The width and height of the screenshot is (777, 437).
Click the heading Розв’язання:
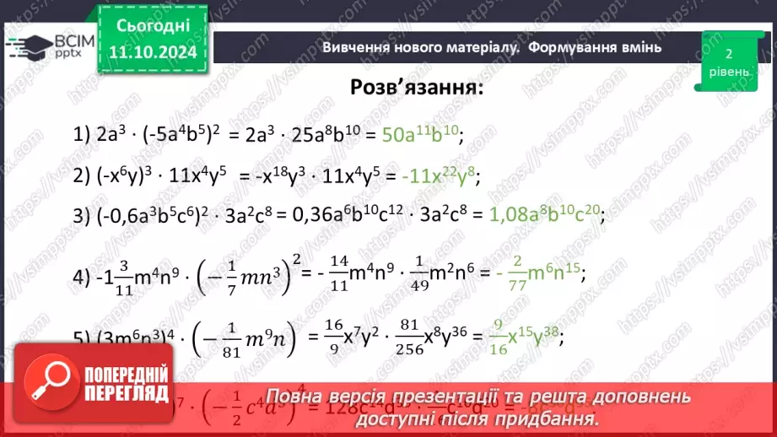417,89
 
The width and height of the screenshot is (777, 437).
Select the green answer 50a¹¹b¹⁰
422,134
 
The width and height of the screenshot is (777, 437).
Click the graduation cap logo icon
29,44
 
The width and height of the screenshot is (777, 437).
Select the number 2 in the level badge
726,54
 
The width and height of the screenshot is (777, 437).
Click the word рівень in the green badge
726,73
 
